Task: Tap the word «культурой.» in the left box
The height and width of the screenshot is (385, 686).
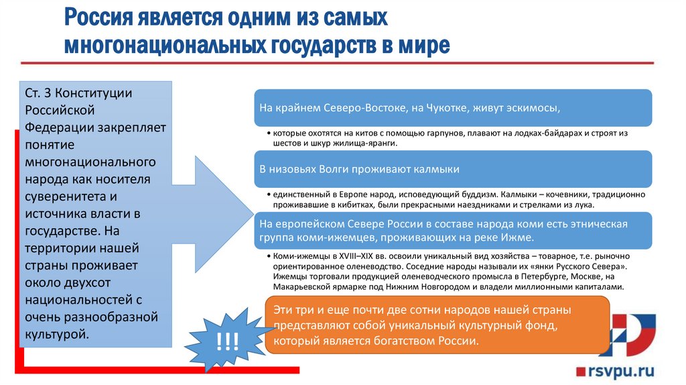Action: point(57,333)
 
